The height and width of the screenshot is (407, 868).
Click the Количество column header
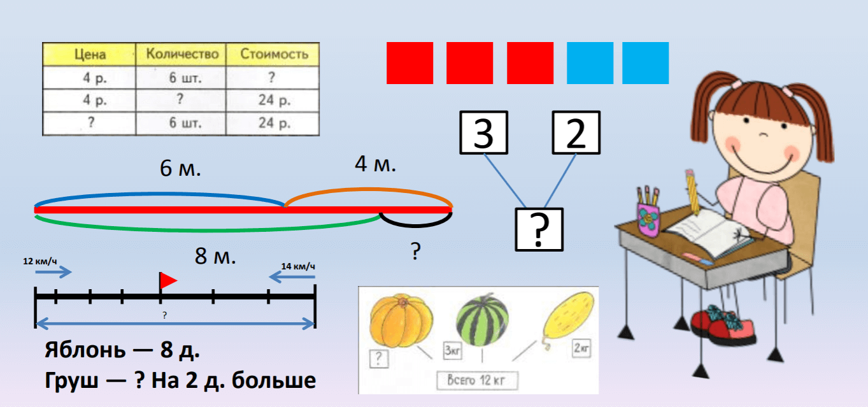181,54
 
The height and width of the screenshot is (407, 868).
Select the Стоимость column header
274,54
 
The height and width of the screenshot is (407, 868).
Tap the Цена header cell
89,54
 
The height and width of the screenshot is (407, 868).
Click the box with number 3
484,132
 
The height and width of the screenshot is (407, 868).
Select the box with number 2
576,132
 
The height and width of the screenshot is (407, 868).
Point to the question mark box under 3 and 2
539,229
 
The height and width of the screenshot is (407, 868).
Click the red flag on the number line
167,280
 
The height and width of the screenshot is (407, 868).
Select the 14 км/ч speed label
298,266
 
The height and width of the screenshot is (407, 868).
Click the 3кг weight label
454,350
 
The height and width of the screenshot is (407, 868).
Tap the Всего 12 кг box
478,380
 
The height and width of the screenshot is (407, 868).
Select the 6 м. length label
180,169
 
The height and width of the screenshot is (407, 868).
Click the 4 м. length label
375,164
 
